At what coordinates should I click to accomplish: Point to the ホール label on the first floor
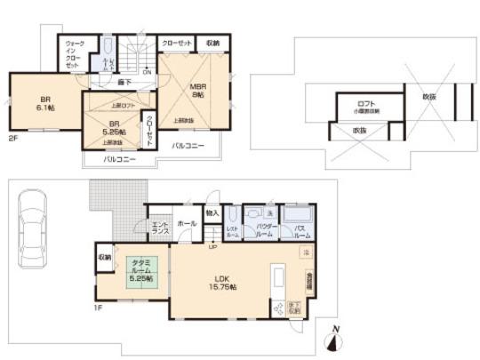click(x=186, y=224)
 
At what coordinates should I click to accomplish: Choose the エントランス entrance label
click(x=160, y=228)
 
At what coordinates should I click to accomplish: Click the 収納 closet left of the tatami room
click(x=104, y=257)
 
